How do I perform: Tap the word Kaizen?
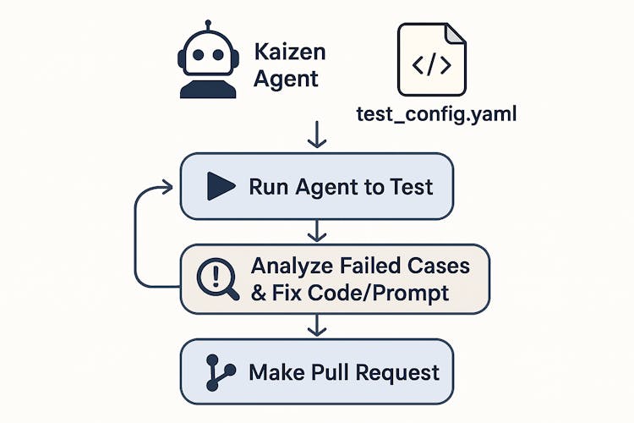tap(289, 52)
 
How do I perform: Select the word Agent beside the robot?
tap(287, 80)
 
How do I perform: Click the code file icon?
tap(431, 58)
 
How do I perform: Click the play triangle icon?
tap(220, 186)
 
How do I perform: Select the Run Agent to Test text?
tap(341, 186)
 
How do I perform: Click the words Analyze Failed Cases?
tap(359, 265)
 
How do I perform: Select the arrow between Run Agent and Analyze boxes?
tap(317, 230)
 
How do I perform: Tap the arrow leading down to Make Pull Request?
tap(317, 325)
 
